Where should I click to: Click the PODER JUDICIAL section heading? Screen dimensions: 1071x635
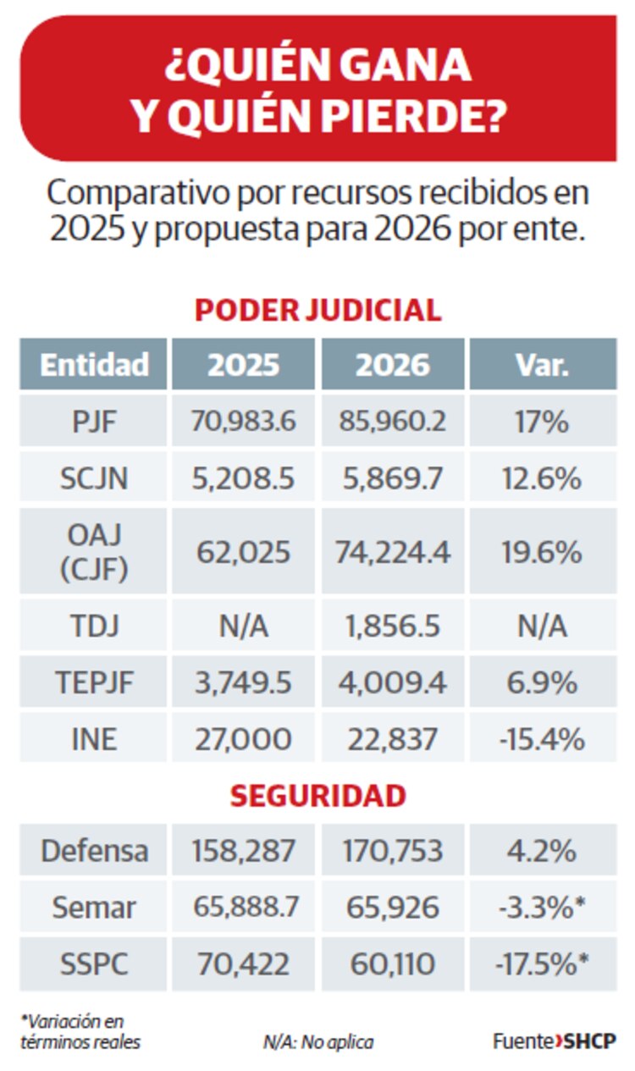tap(317, 310)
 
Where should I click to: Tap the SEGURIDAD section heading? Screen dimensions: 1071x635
tap(317, 796)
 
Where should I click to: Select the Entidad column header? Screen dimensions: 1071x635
tap(94, 364)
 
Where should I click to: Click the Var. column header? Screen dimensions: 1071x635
tap(542, 364)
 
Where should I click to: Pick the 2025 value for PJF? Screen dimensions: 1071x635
tap(244, 421)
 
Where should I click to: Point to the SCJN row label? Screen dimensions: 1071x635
tap(94, 478)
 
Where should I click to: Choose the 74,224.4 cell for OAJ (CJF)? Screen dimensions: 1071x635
tap(392, 552)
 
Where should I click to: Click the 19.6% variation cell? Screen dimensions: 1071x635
tap(542, 552)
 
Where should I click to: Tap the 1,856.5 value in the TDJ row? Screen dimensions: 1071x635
tap(392, 627)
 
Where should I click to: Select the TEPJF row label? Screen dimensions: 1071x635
tap(94, 682)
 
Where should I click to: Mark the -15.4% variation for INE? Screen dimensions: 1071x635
tap(542, 739)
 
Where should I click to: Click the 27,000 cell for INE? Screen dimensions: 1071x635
tap(244, 739)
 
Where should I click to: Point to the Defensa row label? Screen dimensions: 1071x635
tap(94, 851)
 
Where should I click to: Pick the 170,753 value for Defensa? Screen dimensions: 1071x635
tap(392, 851)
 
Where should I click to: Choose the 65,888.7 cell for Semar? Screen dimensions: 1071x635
tap(244, 908)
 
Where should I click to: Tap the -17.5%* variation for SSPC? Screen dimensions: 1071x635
tap(542, 963)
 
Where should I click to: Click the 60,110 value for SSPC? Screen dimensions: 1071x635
tap(392, 963)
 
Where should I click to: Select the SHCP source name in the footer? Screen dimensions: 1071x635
tap(590, 1041)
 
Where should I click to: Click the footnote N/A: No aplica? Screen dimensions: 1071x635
tap(317, 1041)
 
